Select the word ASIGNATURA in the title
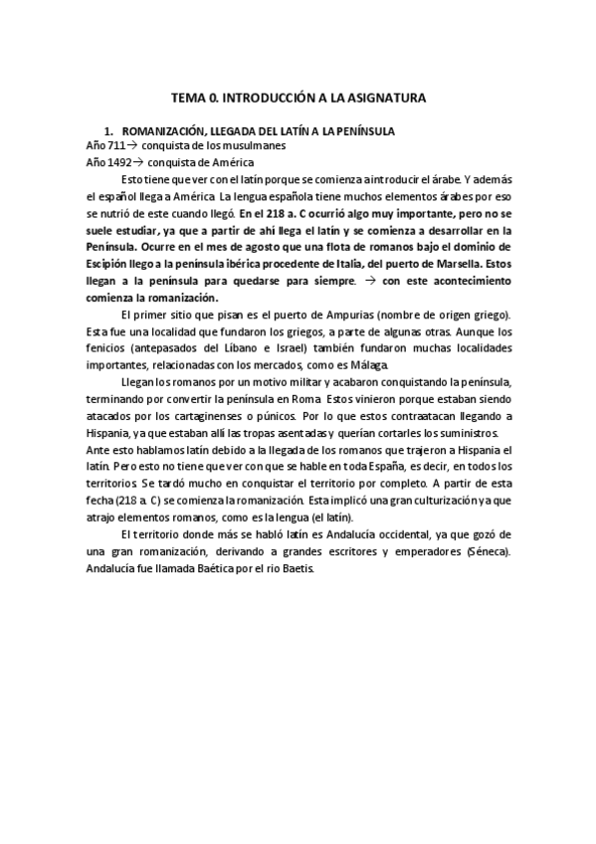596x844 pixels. pyautogui.click(x=382, y=99)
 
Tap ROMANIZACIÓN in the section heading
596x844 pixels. pyautogui.click(x=162, y=130)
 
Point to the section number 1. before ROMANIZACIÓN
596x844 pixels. pyautogui.click(x=109, y=130)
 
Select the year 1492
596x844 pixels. pyautogui.click(x=122, y=162)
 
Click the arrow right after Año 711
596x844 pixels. pyautogui.click(x=137, y=146)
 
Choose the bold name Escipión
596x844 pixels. pyautogui.click(x=109, y=264)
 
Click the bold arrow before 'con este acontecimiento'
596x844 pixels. pyautogui.click(x=365, y=281)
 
